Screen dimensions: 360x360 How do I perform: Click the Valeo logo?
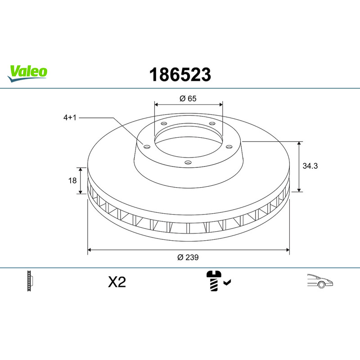tap(27, 73)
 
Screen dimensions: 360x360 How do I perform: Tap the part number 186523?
tap(180, 75)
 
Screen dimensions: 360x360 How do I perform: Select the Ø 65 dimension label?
tap(188, 99)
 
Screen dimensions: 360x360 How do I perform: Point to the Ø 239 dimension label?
tap(188, 257)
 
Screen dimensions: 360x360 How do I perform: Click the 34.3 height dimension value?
tap(310, 166)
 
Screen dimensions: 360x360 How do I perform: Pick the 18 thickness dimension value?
tap(72, 180)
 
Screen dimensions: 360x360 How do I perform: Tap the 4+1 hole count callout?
tap(70, 117)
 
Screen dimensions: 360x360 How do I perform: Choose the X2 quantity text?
tap(117, 282)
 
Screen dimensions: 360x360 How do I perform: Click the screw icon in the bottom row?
tap(214, 281)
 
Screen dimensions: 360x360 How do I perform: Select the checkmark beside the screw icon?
tap(227, 282)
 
